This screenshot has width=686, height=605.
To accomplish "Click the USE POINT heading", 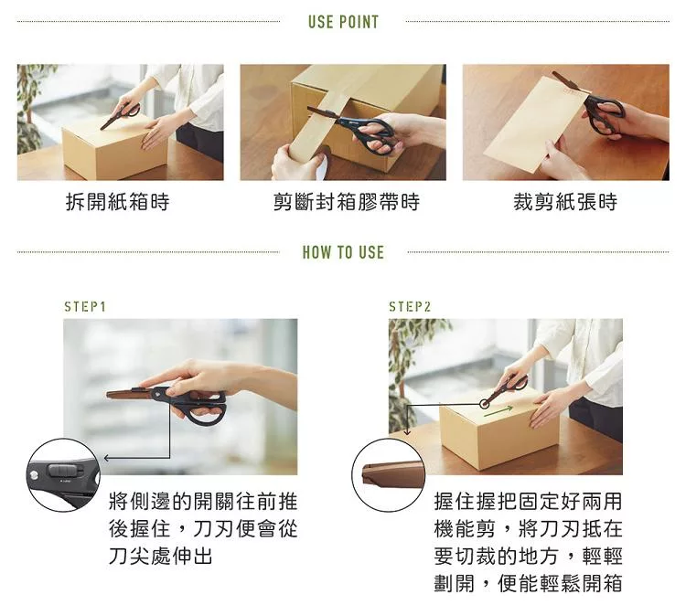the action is (343, 22).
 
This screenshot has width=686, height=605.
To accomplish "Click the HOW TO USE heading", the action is (343, 252).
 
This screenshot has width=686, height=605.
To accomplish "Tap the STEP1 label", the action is (85, 307).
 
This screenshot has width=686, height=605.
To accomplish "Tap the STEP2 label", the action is (410, 307).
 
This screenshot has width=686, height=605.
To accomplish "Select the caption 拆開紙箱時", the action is (117, 202).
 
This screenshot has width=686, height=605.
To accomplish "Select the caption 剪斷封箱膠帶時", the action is (347, 202).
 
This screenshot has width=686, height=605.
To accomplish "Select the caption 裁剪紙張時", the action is (565, 202).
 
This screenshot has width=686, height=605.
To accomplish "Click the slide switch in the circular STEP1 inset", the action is (65, 471).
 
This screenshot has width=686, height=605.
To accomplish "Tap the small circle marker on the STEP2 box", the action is (484, 404).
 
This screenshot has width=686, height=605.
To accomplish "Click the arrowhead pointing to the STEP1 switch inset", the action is (106, 458).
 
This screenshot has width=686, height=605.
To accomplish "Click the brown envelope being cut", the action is (534, 124).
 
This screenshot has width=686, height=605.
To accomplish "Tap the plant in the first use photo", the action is (30, 110).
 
